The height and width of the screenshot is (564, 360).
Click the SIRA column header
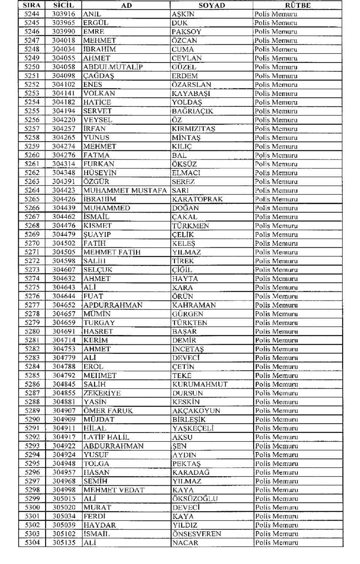32,5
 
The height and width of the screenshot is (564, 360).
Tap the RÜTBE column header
297,5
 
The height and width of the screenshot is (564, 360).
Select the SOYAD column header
212,5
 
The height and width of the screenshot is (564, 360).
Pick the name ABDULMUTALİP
113,67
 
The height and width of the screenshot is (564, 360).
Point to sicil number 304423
64,190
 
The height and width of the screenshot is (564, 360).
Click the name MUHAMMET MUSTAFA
125,190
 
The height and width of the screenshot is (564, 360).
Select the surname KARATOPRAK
197,199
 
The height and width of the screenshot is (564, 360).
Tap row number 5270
32,243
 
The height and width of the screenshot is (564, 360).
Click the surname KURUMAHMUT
200,384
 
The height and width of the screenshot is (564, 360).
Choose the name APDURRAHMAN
113,305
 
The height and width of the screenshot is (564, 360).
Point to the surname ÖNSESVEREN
196,534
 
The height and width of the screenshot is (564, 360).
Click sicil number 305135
64,543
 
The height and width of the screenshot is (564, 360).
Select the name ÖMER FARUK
108,411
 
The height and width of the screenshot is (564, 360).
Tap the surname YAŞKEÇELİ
193,428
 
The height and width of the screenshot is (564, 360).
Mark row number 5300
32,507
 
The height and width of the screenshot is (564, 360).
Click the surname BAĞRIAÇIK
192,111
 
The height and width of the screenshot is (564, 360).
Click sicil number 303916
64,14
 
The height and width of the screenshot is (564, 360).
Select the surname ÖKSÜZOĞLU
195,499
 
